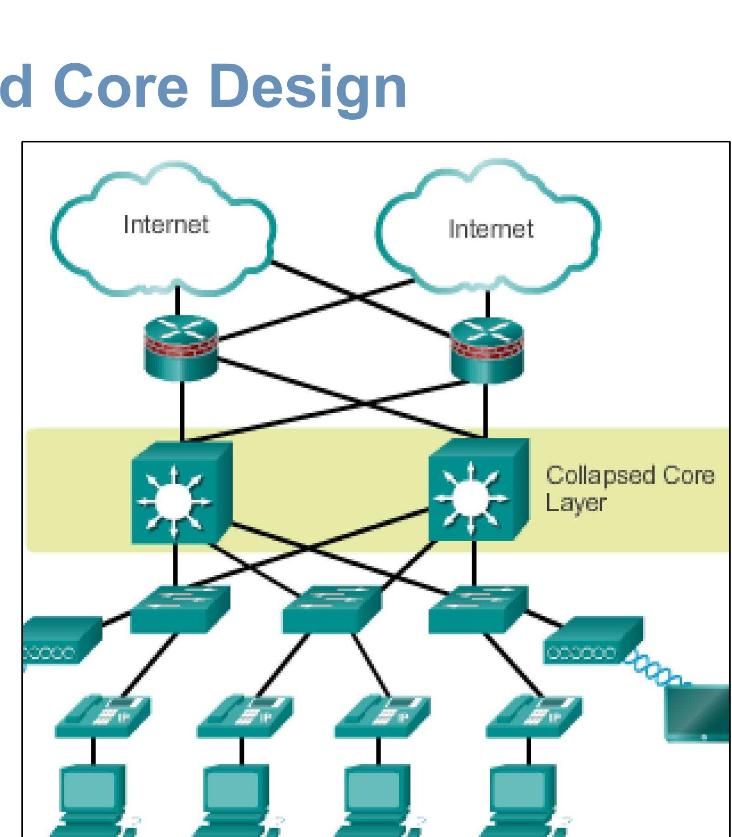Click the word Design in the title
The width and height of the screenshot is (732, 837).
point(308,86)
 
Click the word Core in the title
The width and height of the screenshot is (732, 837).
point(121,86)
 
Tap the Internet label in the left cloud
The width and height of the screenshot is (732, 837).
point(166,224)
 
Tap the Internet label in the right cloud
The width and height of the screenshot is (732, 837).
point(490,229)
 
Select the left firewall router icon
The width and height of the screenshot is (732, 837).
point(181,348)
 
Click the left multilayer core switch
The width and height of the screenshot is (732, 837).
point(181,494)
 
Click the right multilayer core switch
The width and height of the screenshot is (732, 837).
point(478,492)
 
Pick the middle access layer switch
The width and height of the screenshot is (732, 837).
point(331,610)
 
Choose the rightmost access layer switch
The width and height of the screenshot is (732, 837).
point(478,610)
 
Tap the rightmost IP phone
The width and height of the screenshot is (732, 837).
point(533,717)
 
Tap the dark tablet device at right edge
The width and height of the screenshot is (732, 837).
point(699,715)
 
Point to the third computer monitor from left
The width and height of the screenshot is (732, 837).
point(376,790)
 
